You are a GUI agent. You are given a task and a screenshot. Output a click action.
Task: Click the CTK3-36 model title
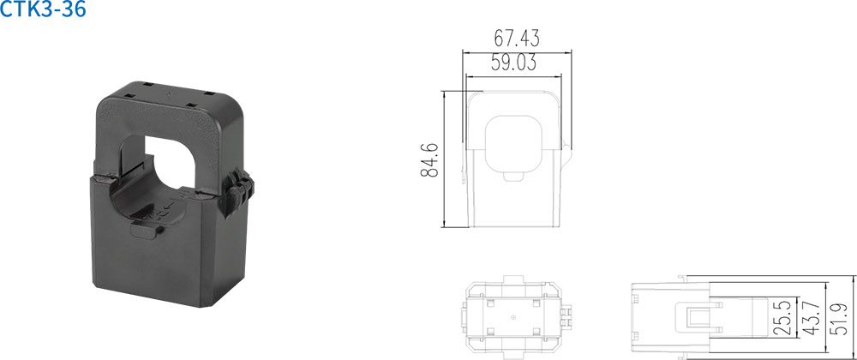(x=43, y=9)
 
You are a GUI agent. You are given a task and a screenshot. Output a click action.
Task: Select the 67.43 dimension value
(x=517, y=39)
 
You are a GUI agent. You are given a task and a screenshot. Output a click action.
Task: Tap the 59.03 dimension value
(x=513, y=63)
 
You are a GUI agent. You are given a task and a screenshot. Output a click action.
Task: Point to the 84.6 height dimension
(x=429, y=159)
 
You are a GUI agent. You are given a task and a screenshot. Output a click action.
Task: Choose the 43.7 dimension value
(x=812, y=318)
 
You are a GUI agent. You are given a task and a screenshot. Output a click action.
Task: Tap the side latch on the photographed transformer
(x=237, y=195)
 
